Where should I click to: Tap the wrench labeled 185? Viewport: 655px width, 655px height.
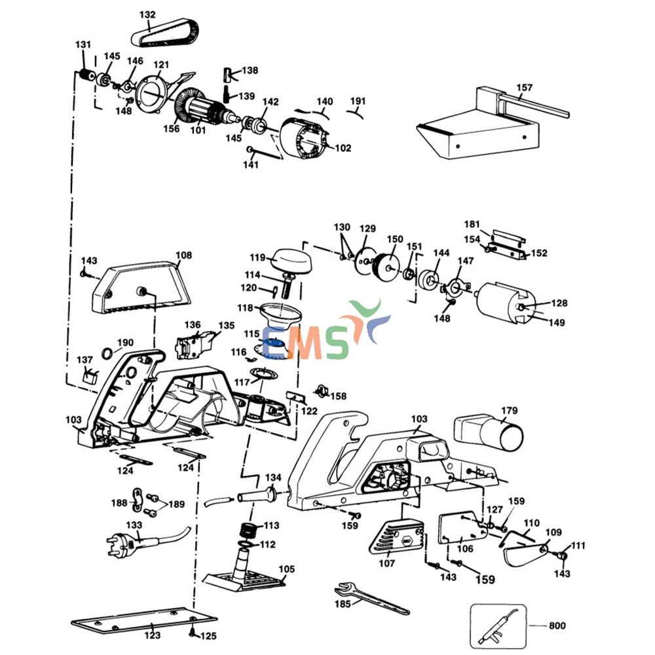367,595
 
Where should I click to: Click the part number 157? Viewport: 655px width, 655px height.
524,88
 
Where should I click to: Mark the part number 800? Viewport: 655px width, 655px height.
557,626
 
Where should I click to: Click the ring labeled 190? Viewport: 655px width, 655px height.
105,355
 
